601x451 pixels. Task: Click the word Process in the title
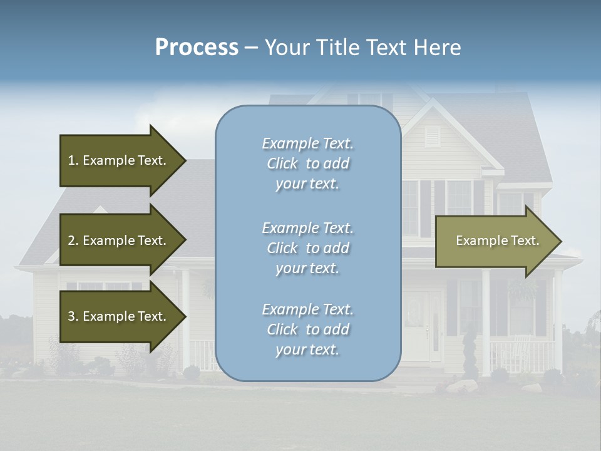(197, 48)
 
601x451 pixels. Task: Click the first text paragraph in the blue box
(307, 163)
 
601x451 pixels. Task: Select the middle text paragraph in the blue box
(307, 248)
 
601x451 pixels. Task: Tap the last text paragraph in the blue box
(307, 329)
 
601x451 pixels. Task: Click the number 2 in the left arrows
(71, 241)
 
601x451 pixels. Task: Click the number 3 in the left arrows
(71, 316)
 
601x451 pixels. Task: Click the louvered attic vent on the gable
(433, 137)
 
